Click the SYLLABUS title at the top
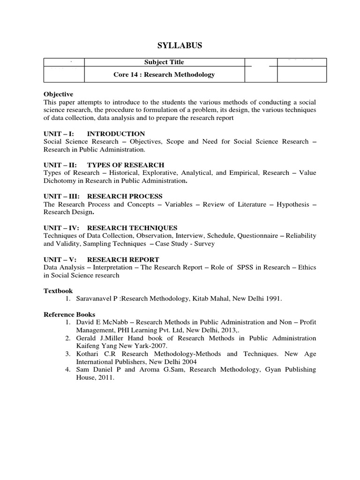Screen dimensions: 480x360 click(x=180, y=45)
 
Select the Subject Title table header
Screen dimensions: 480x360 click(x=164, y=62)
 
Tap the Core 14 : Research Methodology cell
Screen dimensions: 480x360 click(x=164, y=75)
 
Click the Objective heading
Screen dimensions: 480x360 click(x=59, y=94)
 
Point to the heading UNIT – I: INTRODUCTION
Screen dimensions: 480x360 click(x=94, y=134)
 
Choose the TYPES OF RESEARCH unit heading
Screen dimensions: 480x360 click(x=126, y=165)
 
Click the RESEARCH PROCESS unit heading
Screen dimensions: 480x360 click(x=125, y=196)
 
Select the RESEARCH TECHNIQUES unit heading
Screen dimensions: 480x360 click(x=132, y=228)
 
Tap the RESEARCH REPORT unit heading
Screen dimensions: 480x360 click(x=123, y=259)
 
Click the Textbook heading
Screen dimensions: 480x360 click(x=59, y=291)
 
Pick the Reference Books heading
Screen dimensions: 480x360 click(x=69, y=315)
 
